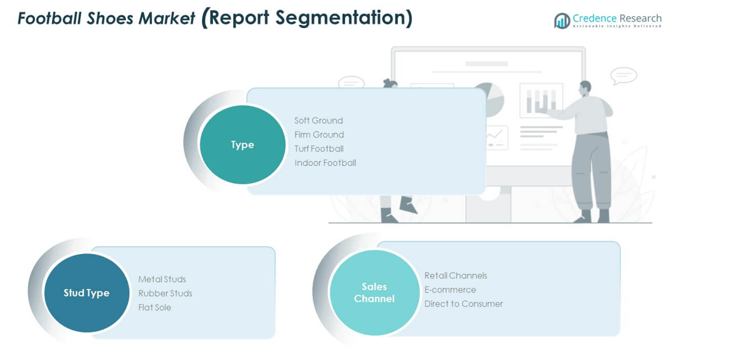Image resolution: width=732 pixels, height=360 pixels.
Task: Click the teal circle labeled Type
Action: click(242, 144)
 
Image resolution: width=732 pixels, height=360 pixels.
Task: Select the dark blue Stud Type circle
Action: click(86, 293)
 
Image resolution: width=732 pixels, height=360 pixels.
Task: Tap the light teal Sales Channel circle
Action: click(374, 293)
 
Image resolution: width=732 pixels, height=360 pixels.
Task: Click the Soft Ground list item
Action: click(318, 121)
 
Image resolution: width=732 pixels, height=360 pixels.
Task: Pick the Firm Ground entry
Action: click(319, 135)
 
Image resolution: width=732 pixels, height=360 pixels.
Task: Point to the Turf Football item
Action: click(319, 149)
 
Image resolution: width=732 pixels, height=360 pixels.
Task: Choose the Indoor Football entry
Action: click(325, 163)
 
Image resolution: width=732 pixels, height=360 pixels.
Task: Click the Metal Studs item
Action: click(162, 279)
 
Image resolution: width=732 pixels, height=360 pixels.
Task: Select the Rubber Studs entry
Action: click(165, 293)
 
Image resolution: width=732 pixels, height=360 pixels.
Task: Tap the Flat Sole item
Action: click(155, 307)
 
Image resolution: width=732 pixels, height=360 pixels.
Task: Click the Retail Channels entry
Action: click(456, 276)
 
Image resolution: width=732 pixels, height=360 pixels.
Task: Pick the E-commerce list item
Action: click(450, 290)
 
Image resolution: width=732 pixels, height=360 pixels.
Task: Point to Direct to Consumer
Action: click(463, 304)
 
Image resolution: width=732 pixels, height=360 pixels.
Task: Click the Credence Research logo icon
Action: click(562, 21)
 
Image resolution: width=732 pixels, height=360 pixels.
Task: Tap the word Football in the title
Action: click(45, 18)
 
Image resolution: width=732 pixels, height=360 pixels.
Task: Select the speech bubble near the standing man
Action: click(624, 76)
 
